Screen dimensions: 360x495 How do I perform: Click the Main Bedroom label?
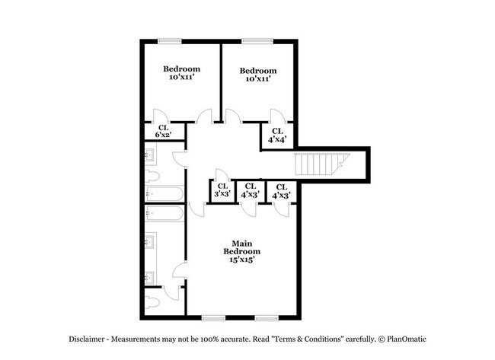[x=241, y=247]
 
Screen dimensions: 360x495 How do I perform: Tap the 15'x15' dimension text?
[x=241, y=260]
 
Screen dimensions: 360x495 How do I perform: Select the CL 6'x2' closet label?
[x=164, y=132]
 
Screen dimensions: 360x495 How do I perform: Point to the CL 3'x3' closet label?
[x=222, y=190]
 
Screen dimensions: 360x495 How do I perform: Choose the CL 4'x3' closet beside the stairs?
[x=281, y=190]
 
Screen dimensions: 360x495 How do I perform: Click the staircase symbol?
[x=320, y=164]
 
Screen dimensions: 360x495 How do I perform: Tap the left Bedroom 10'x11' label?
[x=182, y=73]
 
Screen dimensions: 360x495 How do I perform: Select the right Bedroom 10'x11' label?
[x=259, y=75]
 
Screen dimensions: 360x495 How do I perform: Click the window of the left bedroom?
[x=170, y=40]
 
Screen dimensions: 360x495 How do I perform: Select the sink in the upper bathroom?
[x=150, y=157]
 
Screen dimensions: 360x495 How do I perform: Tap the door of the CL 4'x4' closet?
[x=278, y=116]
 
